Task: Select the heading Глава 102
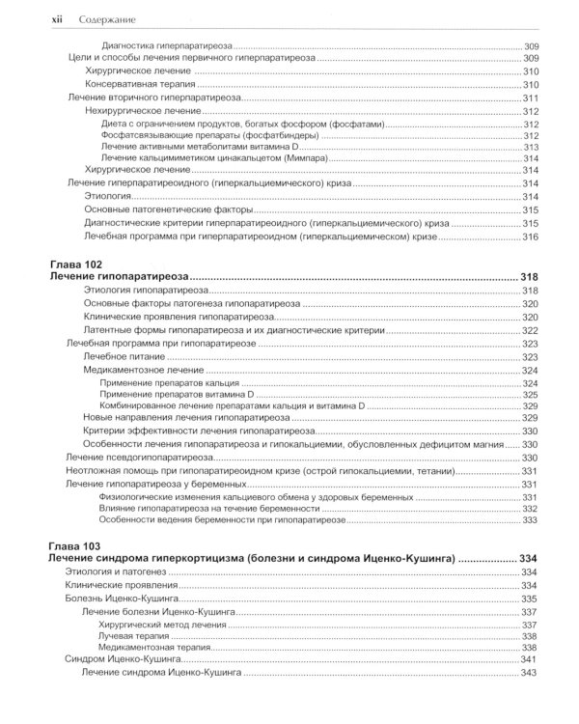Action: (x=75, y=264)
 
